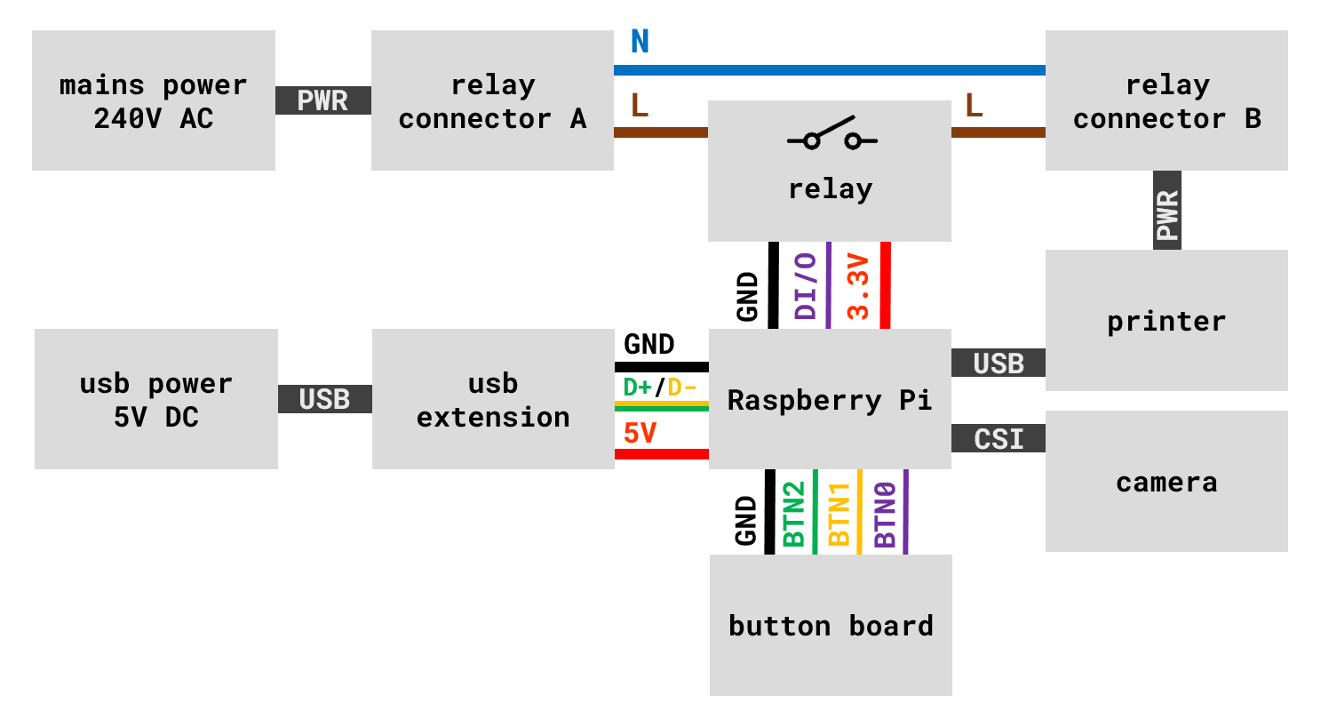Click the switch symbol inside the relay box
(832, 136)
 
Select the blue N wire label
(640, 42)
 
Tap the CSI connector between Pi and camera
(999, 439)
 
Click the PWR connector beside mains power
(322, 100)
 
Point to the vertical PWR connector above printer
(1166, 211)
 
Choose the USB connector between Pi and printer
(999, 363)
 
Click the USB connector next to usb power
(324, 400)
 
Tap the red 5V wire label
(640, 434)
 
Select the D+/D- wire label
(660, 387)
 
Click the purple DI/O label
(806, 286)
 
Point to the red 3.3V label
(858, 286)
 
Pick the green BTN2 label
(793, 514)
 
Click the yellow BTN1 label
(839, 514)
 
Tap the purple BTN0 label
(885, 514)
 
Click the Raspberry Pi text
(830, 400)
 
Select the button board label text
(831, 626)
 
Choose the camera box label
(1166, 483)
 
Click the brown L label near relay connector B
(974, 106)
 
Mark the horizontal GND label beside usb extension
(649, 344)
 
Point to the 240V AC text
(154, 118)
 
